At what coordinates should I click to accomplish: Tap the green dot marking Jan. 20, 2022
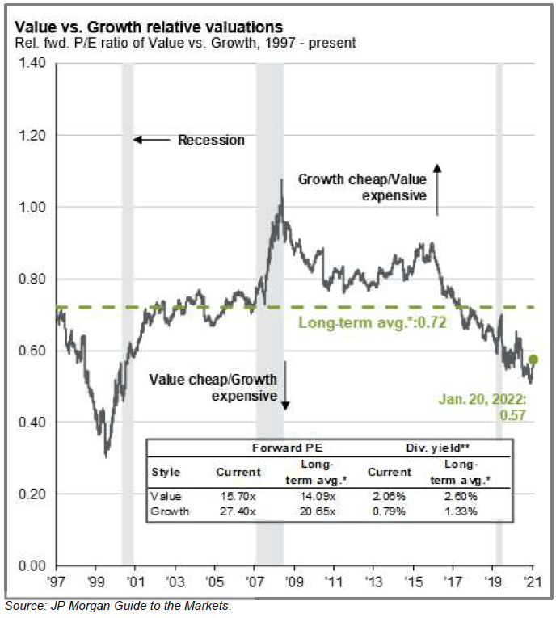(x=533, y=359)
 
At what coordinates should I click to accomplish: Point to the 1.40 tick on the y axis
(x=35, y=64)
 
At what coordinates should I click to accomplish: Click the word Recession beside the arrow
(x=211, y=141)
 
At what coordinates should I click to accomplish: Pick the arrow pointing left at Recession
(x=150, y=141)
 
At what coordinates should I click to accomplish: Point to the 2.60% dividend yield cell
(x=461, y=496)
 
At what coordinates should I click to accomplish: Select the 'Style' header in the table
(x=166, y=472)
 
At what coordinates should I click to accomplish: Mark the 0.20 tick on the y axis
(x=35, y=494)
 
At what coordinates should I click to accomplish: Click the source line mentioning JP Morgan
(x=118, y=605)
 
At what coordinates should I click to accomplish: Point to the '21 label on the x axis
(x=533, y=580)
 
